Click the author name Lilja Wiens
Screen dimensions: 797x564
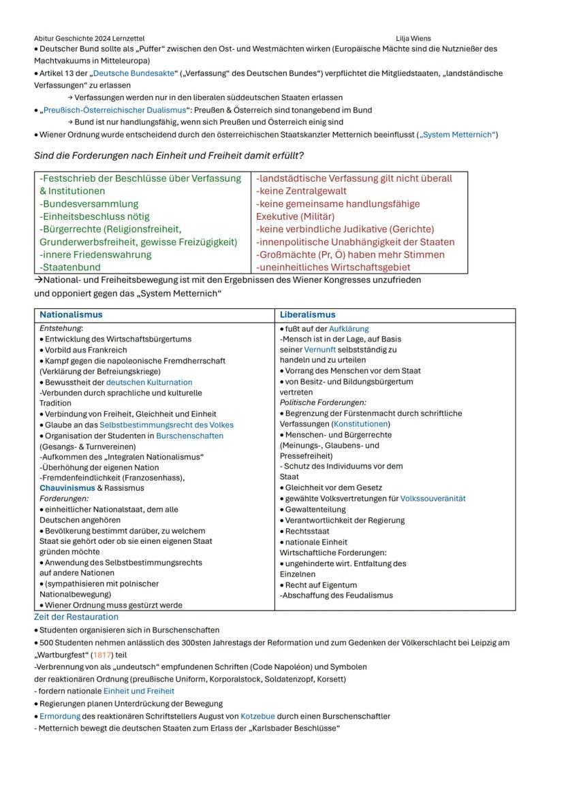tap(413, 38)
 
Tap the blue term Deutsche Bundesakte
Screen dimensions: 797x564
tap(130, 73)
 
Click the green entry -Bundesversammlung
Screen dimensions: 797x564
tap(89, 204)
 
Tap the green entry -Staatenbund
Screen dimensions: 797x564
tap(69, 267)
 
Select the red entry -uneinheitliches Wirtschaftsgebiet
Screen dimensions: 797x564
tap(333, 267)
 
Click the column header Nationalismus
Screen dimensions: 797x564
tap(71, 315)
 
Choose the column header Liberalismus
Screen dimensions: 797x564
tap(307, 315)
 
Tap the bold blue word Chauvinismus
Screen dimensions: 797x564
tap(67, 488)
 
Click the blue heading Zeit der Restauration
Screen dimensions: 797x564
tap(76, 617)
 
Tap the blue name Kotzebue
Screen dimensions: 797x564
tap(260, 716)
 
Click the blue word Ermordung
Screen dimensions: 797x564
tap(61, 716)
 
